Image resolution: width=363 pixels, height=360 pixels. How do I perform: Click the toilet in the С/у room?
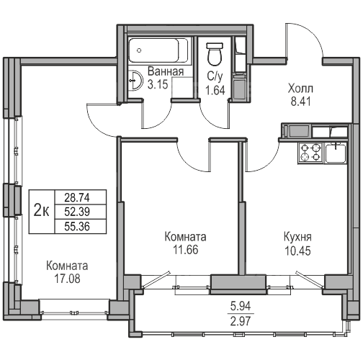215,54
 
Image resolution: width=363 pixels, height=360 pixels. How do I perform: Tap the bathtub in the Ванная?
158,50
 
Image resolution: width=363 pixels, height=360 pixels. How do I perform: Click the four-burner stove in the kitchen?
311,152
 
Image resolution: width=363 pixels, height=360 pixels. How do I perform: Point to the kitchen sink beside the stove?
336,153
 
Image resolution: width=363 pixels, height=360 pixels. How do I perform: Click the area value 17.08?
68,279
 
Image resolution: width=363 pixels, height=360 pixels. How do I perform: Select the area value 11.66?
186,250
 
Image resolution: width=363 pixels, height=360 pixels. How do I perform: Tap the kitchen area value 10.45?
297,251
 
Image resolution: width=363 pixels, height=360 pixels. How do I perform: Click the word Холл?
300,89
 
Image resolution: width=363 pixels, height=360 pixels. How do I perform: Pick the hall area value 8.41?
301,102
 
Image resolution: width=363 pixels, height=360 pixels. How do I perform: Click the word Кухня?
297,237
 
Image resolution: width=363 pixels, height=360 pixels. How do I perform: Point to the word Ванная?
166,71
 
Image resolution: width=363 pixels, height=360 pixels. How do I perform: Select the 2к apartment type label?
42,211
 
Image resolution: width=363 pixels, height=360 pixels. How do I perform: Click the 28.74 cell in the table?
77,197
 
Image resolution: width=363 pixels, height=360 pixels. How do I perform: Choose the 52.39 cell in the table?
77,212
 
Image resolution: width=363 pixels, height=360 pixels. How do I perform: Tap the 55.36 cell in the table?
77,226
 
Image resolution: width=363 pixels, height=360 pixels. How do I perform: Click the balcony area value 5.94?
241,306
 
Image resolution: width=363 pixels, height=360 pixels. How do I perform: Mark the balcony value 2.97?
241,321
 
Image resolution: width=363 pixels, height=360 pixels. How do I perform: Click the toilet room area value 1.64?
215,91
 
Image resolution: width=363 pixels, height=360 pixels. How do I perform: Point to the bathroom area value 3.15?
158,84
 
